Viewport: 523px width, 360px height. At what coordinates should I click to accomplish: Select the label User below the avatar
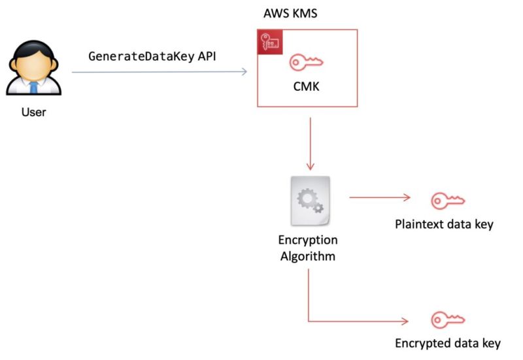33,112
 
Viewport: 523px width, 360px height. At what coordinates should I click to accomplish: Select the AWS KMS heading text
290,13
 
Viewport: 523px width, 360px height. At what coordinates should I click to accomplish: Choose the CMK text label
306,86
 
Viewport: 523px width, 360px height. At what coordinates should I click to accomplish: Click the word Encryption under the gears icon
308,240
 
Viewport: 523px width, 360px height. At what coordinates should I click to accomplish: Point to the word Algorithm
308,255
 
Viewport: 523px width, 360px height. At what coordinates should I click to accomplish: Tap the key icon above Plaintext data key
447,199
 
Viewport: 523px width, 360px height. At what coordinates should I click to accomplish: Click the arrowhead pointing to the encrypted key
405,321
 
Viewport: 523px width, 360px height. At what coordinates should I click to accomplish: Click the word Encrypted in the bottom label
421,344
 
